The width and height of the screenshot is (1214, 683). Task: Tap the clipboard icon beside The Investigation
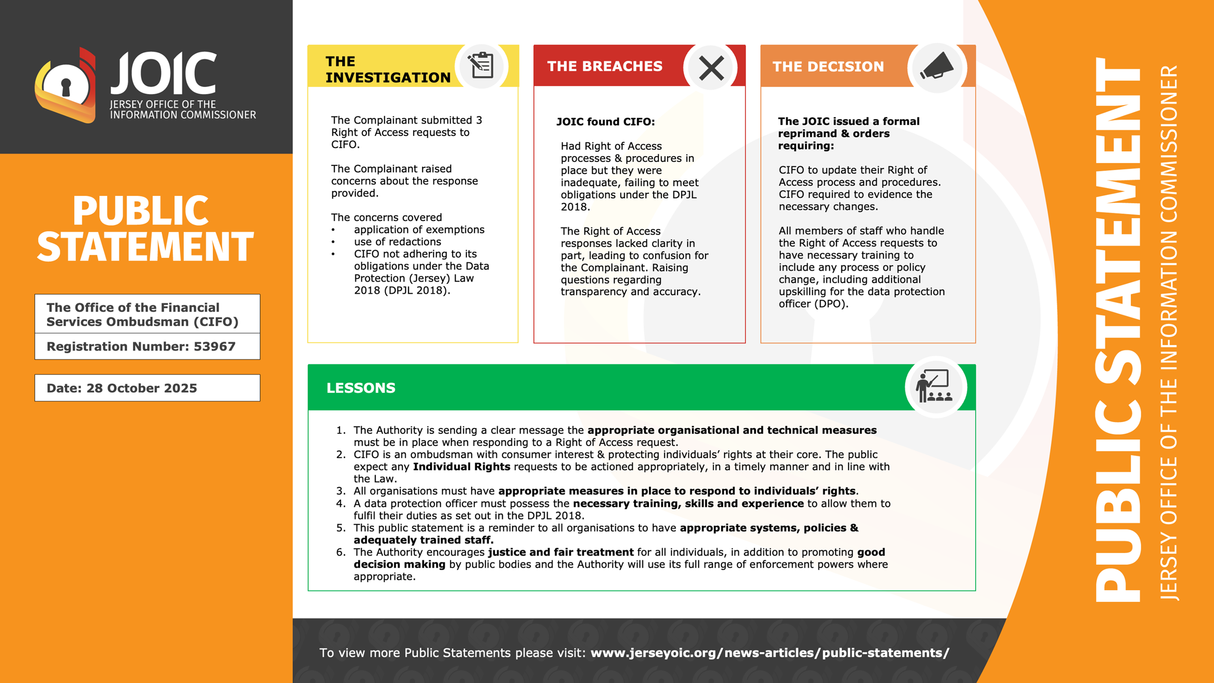coord(481,66)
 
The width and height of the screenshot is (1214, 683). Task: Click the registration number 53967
coord(214,346)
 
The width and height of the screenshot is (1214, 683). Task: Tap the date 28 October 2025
coord(141,388)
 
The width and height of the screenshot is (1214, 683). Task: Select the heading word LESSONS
coord(361,388)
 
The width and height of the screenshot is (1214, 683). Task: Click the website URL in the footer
coord(769,653)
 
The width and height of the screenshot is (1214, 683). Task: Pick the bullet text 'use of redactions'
coord(397,242)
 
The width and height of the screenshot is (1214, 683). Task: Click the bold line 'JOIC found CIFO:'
coord(605,122)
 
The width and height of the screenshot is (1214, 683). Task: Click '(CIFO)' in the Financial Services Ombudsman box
coord(216,322)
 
